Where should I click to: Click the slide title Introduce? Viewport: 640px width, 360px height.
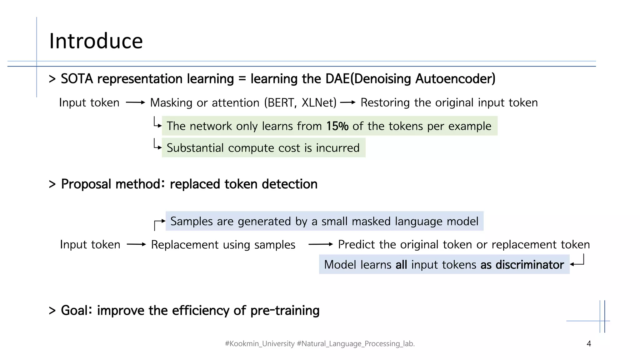(x=96, y=41)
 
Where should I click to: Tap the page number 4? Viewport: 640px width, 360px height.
(x=589, y=344)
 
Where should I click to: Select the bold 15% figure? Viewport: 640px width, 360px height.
(x=337, y=126)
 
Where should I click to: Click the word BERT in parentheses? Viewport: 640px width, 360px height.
(x=281, y=103)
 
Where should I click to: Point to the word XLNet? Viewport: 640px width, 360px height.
(x=318, y=103)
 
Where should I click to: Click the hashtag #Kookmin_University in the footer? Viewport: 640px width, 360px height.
(x=260, y=344)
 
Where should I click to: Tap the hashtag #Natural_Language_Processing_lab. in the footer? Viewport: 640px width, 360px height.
(x=356, y=344)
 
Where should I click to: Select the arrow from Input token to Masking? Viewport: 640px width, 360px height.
(x=135, y=102)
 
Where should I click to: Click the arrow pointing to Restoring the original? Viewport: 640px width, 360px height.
(x=348, y=102)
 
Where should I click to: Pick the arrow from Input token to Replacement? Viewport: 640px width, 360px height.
(x=136, y=244)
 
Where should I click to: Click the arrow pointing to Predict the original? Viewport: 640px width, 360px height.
(x=321, y=244)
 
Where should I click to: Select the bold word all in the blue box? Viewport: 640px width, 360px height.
(x=401, y=265)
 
